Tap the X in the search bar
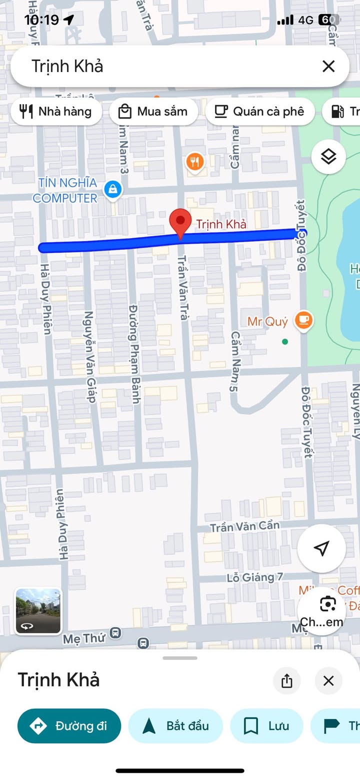pos(328,66)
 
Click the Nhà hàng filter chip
pos(56,111)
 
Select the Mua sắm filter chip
pos(153,111)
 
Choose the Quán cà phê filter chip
pos(260,111)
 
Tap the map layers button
pos(328,157)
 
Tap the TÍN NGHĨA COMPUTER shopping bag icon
pos(113,190)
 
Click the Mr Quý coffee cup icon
pos(303,320)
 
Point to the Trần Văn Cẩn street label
pos(244,526)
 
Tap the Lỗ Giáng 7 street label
pos(255,577)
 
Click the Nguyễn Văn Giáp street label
pos(90,357)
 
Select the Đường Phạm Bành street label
pos(134,354)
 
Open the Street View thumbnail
pos(38,611)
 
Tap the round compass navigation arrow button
pos(321,548)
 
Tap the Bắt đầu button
pos(175,726)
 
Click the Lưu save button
pos(266,726)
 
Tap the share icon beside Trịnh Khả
pos(287,681)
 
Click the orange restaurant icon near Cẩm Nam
pos(195,162)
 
